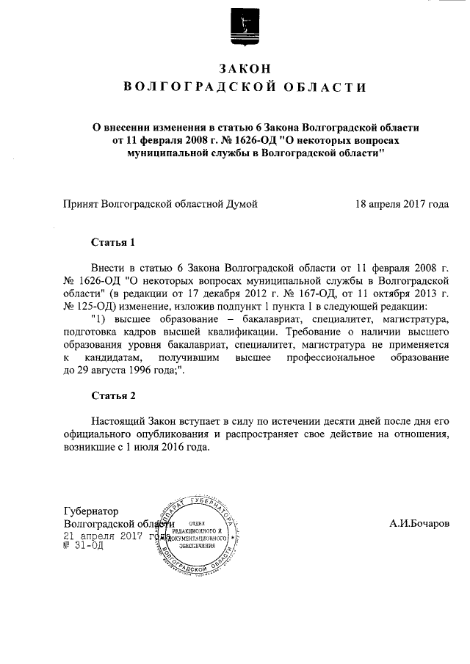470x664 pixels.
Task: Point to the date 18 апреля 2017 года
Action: (x=401, y=204)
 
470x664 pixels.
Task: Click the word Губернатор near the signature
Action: (x=91, y=511)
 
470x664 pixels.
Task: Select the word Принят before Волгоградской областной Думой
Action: (x=82, y=204)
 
